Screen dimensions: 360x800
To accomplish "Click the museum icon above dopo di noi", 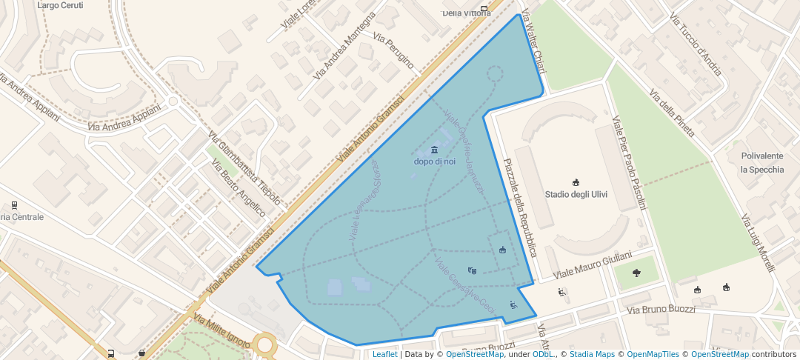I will (434, 150).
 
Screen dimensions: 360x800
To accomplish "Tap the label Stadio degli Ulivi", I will (576, 195).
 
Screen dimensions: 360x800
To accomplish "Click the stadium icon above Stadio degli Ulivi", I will (576, 183).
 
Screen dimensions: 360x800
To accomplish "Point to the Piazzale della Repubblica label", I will (519, 208).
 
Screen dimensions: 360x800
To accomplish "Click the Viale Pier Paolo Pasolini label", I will (629, 162).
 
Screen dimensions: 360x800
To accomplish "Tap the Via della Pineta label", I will (673, 113).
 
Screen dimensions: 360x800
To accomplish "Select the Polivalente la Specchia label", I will (761, 162).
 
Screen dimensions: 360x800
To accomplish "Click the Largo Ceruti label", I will (61, 4).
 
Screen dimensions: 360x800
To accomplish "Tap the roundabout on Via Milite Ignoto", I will (264, 344).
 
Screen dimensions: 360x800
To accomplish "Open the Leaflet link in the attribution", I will (384, 354).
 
